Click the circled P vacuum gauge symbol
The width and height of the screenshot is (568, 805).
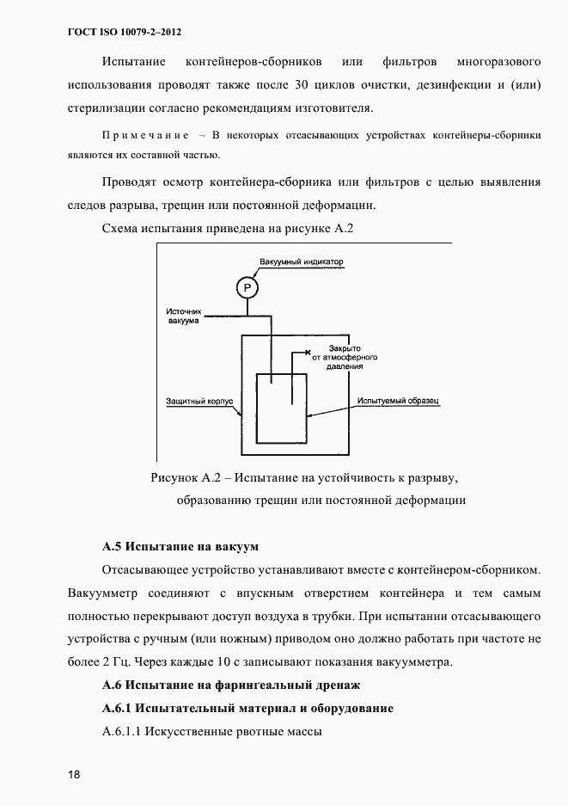click(x=247, y=287)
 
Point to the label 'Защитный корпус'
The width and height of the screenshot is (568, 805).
click(x=195, y=401)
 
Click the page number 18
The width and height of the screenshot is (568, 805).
click(x=74, y=774)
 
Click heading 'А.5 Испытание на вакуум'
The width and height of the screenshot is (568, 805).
click(x=180, y=546)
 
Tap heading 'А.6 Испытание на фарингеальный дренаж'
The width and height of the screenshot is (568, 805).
click(x=229, y=685)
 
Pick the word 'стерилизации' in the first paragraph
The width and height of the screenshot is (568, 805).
click(x=106, y=109)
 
